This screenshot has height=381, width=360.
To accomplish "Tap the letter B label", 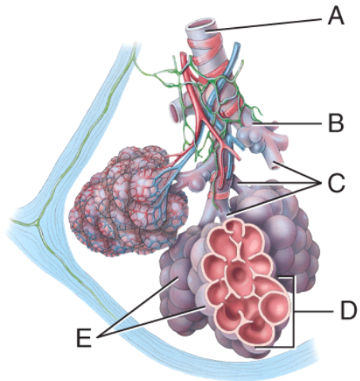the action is coord(336,123).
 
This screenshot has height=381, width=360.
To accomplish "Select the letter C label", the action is coord(336,183).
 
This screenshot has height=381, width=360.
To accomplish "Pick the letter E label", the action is coord(84,338).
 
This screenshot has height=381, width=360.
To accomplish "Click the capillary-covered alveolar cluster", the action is coord(129,202).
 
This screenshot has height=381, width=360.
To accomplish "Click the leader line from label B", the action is coord(288,124).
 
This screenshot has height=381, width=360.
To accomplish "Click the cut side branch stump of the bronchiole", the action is coord(175,111).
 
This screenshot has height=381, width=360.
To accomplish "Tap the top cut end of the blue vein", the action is coord(237,45).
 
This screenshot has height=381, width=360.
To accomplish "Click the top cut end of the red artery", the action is coord(183,54).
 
